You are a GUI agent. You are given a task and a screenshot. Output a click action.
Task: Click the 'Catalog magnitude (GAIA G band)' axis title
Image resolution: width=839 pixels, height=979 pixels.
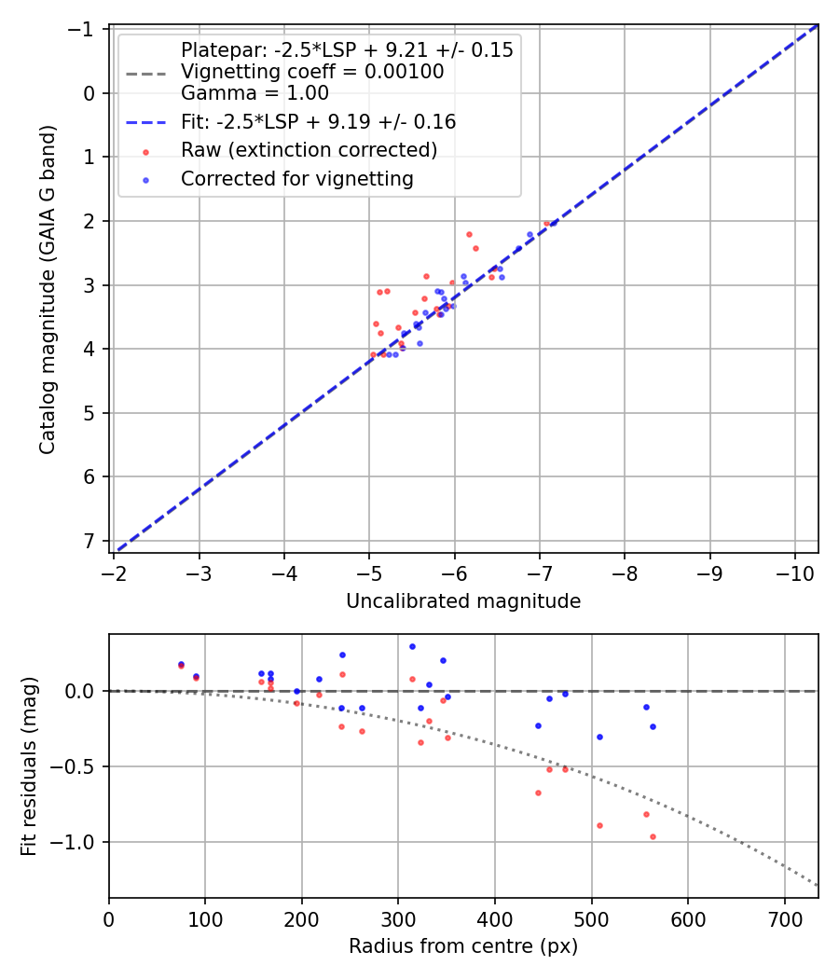click(x=48, y=289)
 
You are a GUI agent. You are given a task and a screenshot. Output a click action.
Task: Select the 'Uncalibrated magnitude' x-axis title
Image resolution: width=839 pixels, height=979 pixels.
click(x=463, y=601)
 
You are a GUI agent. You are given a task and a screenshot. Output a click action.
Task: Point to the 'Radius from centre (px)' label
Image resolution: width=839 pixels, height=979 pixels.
click(x=463, y=946)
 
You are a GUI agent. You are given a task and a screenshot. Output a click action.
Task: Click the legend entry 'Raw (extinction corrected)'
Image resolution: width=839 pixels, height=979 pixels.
click(x=309, y=150)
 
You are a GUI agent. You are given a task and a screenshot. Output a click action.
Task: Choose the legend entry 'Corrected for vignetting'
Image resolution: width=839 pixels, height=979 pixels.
click(x=297, y=179)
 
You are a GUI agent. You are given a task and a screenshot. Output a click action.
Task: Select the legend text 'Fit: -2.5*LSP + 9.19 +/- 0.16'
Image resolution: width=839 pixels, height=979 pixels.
click(x=318, y=121)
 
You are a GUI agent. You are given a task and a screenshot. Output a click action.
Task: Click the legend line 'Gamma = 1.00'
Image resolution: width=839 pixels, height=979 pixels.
click(x=254, y=92)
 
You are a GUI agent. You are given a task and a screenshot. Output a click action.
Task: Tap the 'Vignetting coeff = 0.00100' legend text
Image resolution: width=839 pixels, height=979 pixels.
click(x=312, y=72)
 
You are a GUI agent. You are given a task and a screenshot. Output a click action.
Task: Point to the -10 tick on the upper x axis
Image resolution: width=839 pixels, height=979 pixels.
click(x=794, y=571)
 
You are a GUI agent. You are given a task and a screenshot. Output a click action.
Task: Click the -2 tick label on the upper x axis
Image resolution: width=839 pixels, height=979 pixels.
click(x=115, y=571)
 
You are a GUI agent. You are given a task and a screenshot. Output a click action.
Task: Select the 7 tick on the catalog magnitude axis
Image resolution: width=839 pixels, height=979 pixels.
click(x=90, y=541)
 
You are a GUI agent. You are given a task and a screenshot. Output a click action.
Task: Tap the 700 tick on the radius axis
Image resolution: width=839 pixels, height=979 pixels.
click(x=784, y=917)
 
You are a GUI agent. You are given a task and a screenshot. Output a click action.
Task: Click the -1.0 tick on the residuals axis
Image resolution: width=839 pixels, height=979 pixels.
click(x=78, y=842)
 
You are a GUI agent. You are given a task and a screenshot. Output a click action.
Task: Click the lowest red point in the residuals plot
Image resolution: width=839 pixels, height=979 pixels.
click(x=653, y=836)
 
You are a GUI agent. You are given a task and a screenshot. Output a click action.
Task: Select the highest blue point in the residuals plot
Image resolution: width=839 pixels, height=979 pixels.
click(x=412, y=646)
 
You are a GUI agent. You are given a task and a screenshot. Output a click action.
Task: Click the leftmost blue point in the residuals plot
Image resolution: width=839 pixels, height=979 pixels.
click(x=181, y=664)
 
